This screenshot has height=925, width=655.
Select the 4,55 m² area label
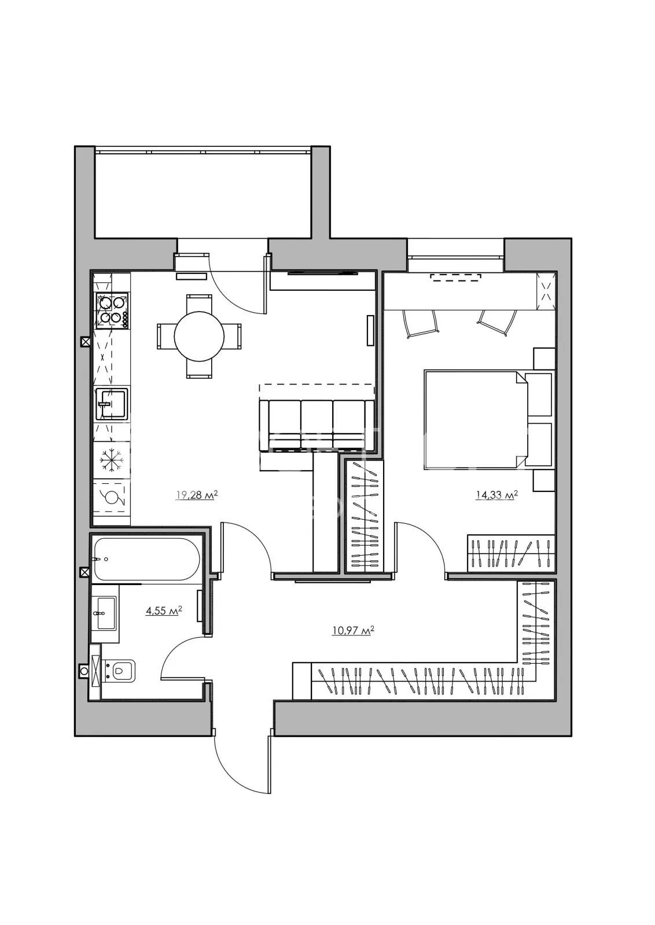164,610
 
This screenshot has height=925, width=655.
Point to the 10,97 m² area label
354,631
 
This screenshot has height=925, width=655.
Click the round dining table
199,336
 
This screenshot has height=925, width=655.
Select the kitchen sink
112,404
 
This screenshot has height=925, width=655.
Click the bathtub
147,560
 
